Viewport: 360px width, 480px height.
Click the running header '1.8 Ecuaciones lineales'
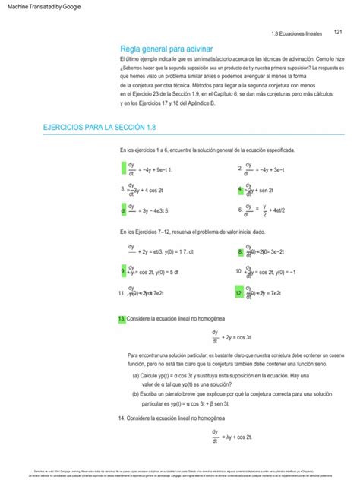click(x=297, y=33)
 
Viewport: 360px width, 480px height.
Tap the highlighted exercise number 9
click(x=123, y=271)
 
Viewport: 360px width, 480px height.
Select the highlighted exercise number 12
click(x=241, y=292)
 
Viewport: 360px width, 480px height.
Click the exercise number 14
click(x=122, y=418)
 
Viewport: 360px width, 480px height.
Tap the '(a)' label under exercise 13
click(x=136, y=375)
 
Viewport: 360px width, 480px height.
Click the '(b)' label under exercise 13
click(x=136, y=395)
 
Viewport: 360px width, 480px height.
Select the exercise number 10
click(x=239, y=271)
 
